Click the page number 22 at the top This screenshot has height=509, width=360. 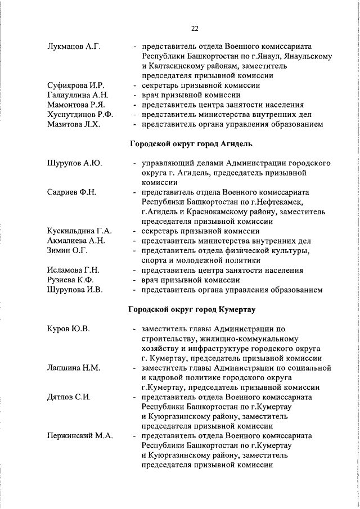click(x=195, y=29)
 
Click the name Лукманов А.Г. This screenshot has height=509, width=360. click(x=74, y=47)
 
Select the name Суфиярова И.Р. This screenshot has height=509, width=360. click(x=76, y=85)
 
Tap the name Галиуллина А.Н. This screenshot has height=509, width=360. click(x=78, y=95)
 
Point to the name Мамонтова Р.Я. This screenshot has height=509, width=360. click(x=77, y=105)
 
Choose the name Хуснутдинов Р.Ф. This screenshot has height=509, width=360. click(x=80, y=115)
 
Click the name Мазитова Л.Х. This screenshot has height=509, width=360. click(x=74, y=124)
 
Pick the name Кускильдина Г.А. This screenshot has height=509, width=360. click(x=80, y=231)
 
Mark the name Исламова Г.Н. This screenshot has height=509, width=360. click(x=74, y=271)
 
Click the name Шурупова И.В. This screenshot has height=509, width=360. click(x=75, y=290)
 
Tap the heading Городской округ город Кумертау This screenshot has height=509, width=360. click(x=194, y=309)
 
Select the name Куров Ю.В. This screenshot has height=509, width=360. click(x=69, y=329)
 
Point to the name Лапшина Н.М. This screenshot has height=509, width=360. click(x=74, y=368)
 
